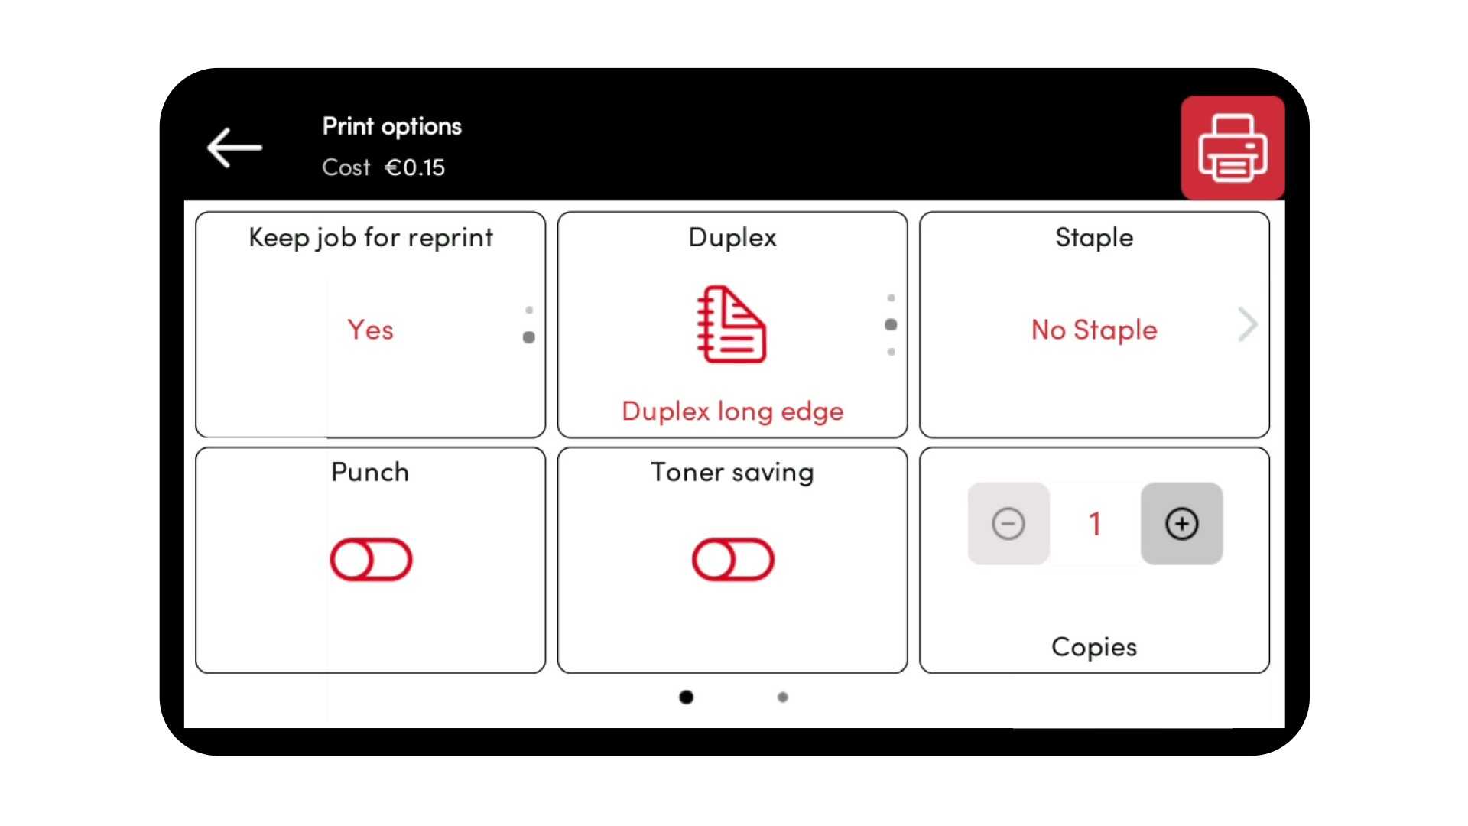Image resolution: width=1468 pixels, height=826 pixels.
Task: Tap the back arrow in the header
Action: tap(235, 148)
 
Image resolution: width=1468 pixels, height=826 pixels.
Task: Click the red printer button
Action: tap(1233, 148)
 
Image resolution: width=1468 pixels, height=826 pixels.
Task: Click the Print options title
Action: tap(392, 127)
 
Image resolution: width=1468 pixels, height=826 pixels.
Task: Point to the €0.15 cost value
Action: tap(414, 167)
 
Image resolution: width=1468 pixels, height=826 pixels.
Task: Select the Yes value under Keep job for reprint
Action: tap(371, 330)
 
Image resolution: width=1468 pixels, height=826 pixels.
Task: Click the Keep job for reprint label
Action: tap(371, 238)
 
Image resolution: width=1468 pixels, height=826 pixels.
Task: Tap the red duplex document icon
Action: tap(732, 324)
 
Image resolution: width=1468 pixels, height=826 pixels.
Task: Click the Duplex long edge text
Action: tap(732, 411)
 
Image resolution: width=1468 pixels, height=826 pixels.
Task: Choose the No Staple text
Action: tap(1094, 330)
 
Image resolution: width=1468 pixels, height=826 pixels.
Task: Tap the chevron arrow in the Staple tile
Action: tap(1248, 325)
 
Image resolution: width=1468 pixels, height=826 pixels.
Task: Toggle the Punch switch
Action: tap(371, 560)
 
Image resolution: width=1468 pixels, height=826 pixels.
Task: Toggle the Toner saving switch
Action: tap(732, 560)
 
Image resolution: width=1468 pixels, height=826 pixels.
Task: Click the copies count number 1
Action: tap(1095, 524)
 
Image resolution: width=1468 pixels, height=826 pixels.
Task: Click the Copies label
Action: tap(1094, 647)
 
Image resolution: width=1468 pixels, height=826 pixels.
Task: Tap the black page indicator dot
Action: tap(687, 697)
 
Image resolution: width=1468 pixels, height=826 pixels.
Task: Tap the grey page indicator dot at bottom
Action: tap(782, 697)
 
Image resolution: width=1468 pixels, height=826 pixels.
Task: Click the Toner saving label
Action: tap(732, 473)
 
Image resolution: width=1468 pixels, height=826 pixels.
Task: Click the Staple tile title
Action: tap(1094, 238)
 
